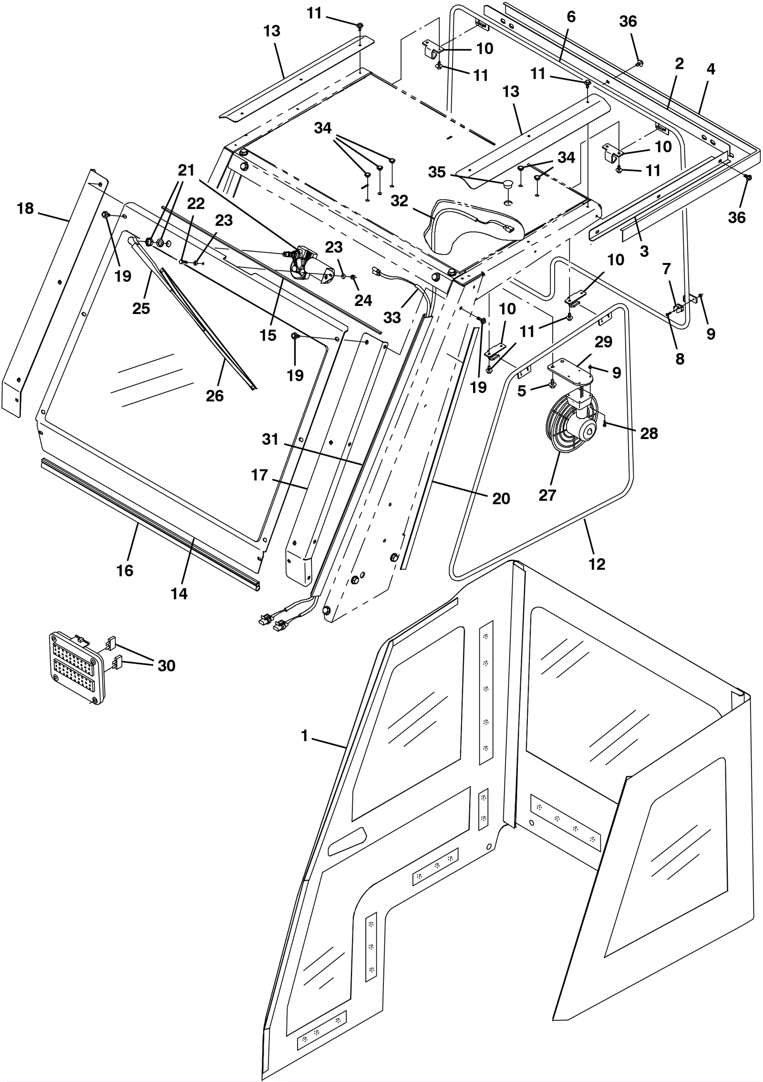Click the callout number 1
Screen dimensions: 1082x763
tap(305, 736)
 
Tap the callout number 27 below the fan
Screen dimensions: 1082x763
tap(547, 495)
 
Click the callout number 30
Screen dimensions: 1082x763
tap(166, 665)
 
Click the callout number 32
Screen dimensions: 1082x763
tap(399, 201)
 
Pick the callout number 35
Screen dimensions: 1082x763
tap(436, 172)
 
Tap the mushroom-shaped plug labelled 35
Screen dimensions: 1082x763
tap(508, 185)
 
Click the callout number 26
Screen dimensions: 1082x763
tap(215, 395)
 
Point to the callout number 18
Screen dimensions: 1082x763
tap(25, 209)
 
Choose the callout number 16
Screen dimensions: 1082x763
tap(125, 570)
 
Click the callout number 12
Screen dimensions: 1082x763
tap(597, 564)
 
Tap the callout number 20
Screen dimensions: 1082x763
tap(501, 498)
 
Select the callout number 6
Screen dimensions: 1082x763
tap(571, 17)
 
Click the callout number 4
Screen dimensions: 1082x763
tap(711, 69)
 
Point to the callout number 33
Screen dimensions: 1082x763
tap(392, 317)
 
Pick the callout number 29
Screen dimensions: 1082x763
tap(603, 342)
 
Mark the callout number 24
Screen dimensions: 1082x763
tap(363, 300)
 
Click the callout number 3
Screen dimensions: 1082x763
tap(644, 251)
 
